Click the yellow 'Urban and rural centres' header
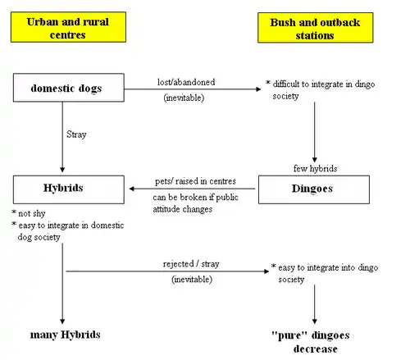pos(68,27)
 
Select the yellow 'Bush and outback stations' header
pos(316,28)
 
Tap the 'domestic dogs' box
pos(69,88)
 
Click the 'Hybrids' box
pos(69,189)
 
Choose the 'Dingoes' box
pos(314,189)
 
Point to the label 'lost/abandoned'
pos(186,82)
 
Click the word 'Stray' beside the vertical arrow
pos(76,134)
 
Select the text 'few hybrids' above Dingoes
pos(315,168)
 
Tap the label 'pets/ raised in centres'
pos(195,181)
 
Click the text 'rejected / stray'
pos(191,264)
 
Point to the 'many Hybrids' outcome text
pos(66,335)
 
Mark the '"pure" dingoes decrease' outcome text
pos(311,342)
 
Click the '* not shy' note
pos(29,213)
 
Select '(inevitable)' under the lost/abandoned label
pos(184,98)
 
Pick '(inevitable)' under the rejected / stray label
pos(192,280)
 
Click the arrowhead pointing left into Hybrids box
pos(131,189)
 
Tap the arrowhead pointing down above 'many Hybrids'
pos(62,321)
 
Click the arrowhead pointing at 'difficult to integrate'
pos(258,89)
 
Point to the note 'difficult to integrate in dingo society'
pos(320,90)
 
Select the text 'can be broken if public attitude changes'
pos(195,203)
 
